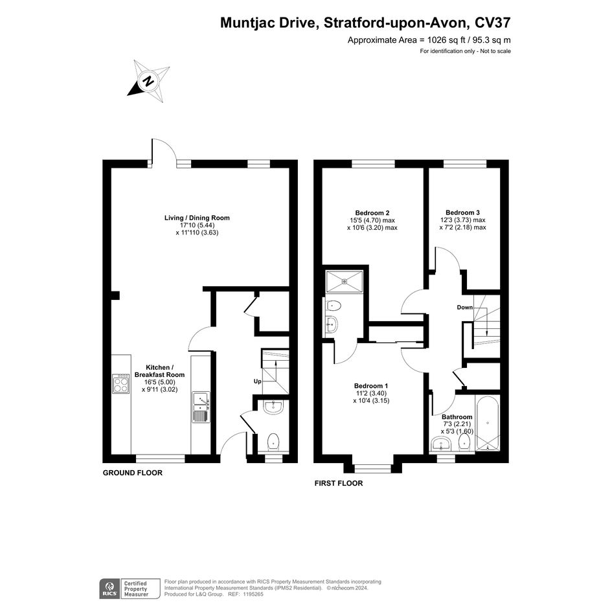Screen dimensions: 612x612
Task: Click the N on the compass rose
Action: tap(148, 82)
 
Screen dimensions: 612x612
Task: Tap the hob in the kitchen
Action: tap(121, 383)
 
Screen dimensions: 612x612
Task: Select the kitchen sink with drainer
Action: tap(201, 407)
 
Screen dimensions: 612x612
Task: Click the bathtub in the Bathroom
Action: tap(487, 424)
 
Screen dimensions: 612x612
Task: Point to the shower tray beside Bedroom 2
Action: tap(345, 281)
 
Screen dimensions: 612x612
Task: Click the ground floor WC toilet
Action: tap(273, 442)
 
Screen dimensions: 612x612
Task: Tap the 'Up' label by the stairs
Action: tap(258, 381)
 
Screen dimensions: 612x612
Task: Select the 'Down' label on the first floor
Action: tap(465, 308)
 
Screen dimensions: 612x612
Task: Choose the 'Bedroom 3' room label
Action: tap(462, 212)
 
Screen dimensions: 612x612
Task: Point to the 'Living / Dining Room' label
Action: tap(197, 218)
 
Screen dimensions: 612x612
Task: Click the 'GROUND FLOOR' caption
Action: tap(133, 473)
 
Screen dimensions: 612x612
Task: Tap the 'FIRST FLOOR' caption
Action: tap(339, 483)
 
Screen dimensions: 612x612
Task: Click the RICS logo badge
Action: tap(109, 589)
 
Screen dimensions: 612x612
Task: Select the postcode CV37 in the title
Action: tap(492, 23)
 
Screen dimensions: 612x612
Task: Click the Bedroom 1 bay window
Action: tap(373, 468)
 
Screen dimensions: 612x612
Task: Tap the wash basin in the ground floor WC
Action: tap(273, 407)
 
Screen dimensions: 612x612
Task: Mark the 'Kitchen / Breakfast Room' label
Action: tap(159, 371)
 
